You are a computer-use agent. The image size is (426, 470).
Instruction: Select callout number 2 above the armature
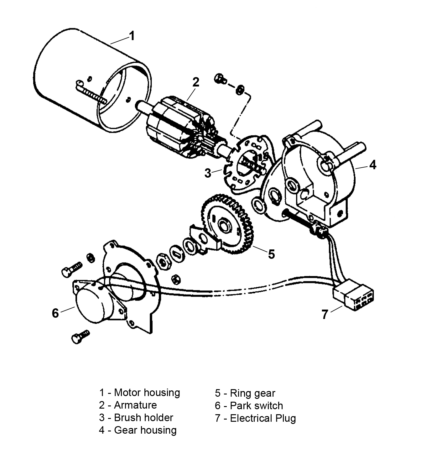[196, 82]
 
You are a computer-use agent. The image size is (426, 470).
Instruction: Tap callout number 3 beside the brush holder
[208, 173]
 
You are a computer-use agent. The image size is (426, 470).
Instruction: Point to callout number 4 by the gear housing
[372, 164]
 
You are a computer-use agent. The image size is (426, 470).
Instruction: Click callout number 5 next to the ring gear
[271, 254]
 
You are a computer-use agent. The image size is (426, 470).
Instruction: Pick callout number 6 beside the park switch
[55, 313]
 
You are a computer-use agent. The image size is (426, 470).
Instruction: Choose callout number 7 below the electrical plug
[325, 314]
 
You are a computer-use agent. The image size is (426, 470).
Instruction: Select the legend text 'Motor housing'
[147, 392]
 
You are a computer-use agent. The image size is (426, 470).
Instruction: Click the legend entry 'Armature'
[135, 405]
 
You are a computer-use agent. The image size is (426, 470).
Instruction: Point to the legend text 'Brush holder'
[143, 417]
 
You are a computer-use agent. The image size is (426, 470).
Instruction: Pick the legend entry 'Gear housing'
[145, 430]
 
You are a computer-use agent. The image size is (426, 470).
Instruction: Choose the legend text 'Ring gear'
[252, 393]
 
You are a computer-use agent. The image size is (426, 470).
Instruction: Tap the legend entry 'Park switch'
[256, 405]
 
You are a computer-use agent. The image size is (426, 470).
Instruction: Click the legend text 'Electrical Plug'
[263, 418]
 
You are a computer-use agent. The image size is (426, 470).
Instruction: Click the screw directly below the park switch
[80, 337]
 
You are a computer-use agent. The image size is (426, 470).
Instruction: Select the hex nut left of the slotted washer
[163, 260]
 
